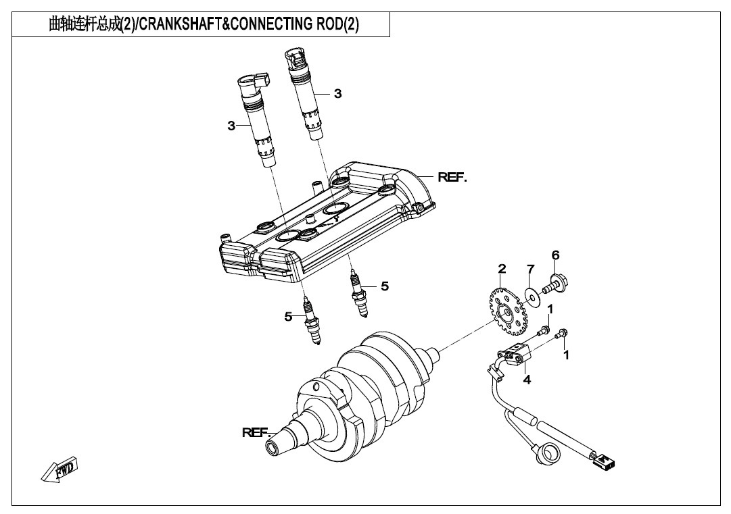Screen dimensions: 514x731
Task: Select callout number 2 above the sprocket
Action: pyautogui.click(x=502, y=269)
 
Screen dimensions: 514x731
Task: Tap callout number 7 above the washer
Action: pyautogui.click(x=532, y=270)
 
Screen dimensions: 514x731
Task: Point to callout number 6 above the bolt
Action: pyautogui.click(x=555, y=255)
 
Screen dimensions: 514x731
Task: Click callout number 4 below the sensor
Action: pyautogui.click(x=527, y=380)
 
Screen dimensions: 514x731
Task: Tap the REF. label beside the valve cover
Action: pyautogui.click(x=452, y=178)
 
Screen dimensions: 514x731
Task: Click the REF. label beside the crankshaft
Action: pyautogui.click(x=257, y=432)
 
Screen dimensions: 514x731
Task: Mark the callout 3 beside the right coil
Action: pyautogui.click(x=337, y=94)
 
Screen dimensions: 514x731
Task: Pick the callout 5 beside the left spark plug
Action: pyautogui.click(x=289, y=316)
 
